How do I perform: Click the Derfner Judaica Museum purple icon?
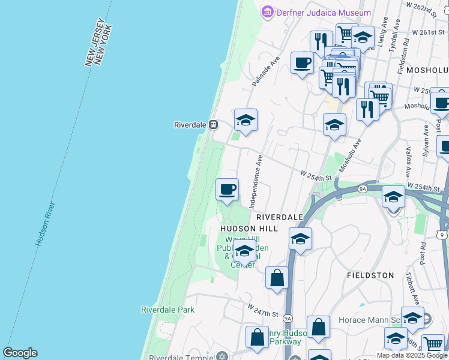(x=267, y=12)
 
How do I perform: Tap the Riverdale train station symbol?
(x=213, y=125)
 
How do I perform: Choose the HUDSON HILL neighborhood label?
(x=249, y=229)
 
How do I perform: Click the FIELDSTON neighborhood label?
(x=370, y=275)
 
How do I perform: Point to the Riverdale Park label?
(x=167, y=310)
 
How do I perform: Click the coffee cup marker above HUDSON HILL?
(x=227, y=190)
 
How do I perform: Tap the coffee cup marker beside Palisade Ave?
(x=303, y=62)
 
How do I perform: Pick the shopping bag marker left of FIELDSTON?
(x=277, y=278)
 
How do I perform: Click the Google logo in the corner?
(x=20, y=353)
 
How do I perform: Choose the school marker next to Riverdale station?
(x=246, y=120)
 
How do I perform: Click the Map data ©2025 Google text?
(x=412, y=355)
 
